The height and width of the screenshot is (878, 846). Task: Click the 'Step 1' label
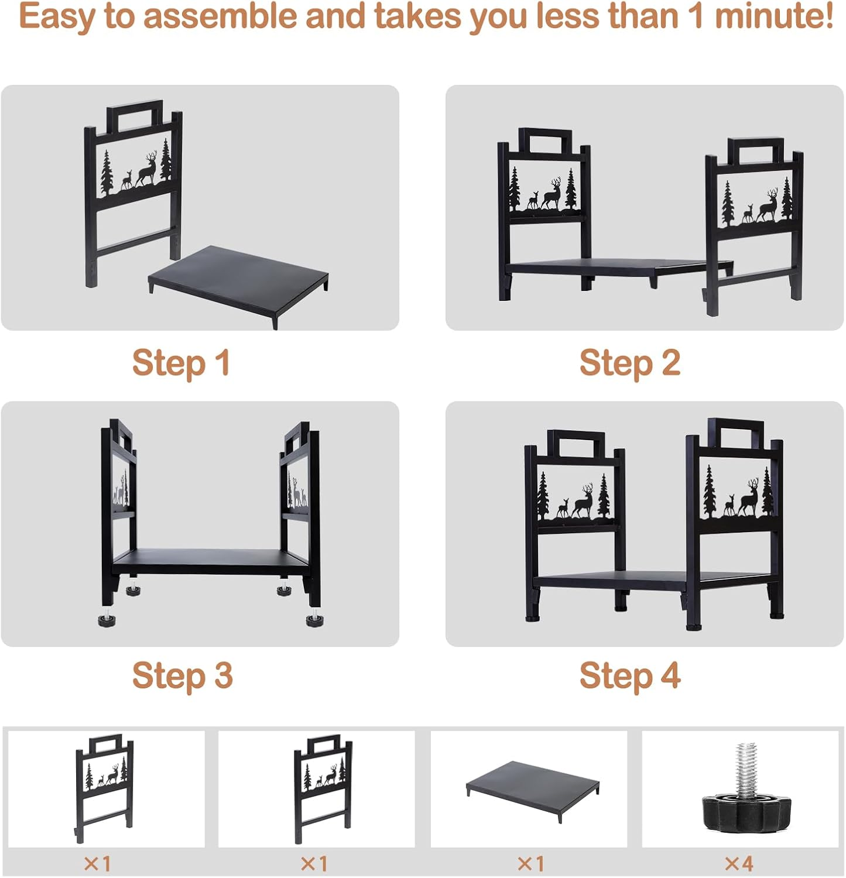coord(180,363)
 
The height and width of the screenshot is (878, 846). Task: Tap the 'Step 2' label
coord(629,363)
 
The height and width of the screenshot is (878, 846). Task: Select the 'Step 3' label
coord(182,675)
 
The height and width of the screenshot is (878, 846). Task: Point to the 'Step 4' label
coord(629,675)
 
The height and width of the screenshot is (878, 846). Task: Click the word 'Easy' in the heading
coord(56,16)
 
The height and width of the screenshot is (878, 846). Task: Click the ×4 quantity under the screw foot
coord(739,863)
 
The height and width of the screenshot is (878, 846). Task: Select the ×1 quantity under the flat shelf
coord(530,863)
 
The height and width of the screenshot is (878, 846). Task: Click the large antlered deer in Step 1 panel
coord(147,169)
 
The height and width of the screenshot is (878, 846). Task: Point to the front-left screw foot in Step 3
coord(107,620)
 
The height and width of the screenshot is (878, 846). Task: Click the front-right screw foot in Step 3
coord(314,619)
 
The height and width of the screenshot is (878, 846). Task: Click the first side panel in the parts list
coord(104,787)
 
